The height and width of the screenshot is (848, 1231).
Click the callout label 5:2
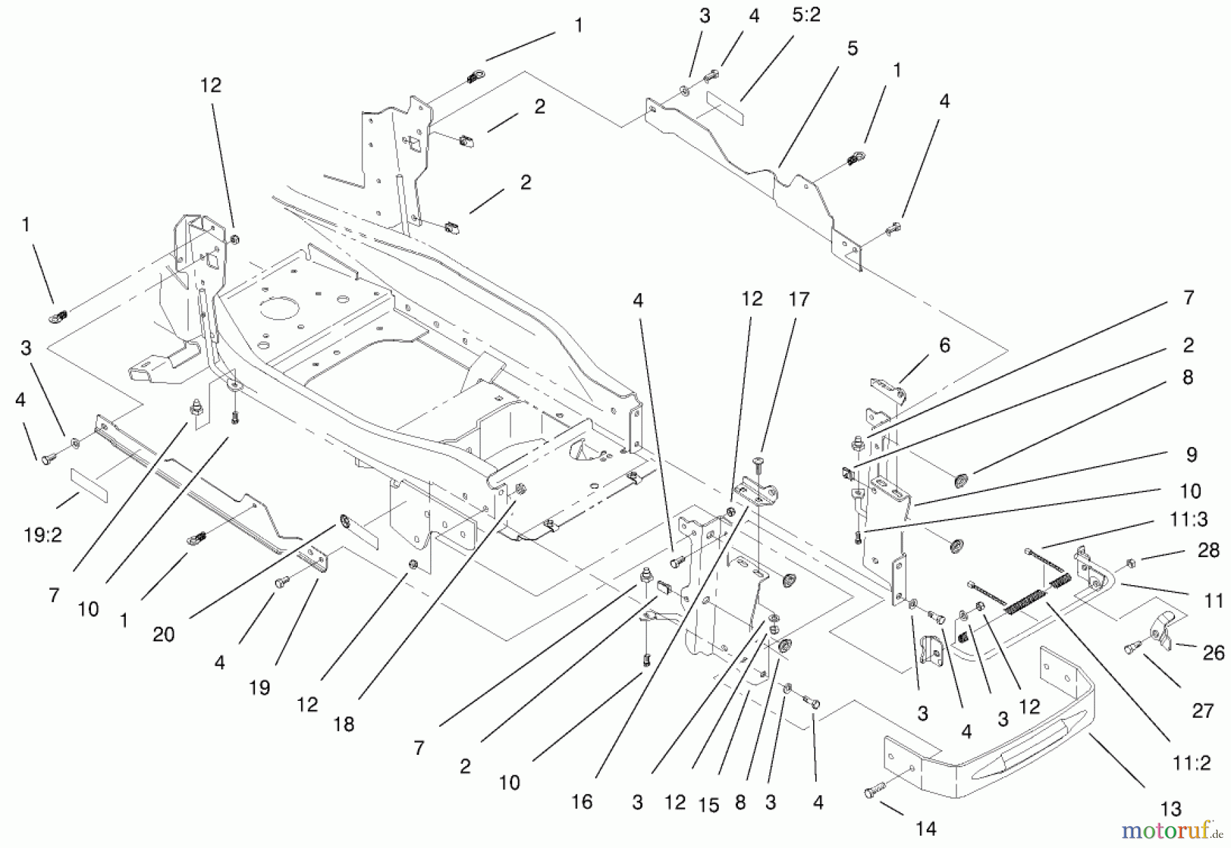click(x=806, y=15)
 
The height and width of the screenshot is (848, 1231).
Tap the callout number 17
click(x=799, y=300)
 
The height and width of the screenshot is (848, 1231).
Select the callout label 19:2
click(x=42, y=535)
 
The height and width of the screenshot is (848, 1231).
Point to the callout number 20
click(x=163, y=634)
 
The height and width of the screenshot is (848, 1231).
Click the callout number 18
click(x=343, y=724)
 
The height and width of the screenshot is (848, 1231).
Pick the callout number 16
click(x=582, y=801)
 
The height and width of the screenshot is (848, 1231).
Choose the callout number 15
click(x=709, y=806)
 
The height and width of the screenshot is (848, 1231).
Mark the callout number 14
click(x=925, y=829)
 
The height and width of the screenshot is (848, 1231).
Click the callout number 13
click(x=1171, y=810)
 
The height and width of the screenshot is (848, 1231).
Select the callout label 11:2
click(x=1191, y=762)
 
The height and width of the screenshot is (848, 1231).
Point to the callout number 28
click(x=1208, y=550)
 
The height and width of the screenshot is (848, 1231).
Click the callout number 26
click(x=1213, y=653)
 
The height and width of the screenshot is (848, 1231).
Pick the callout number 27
click(x=1202, y=711)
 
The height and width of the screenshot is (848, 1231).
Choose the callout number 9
click(x=1191, y=454)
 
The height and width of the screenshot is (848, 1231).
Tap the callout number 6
click(x=944, y=346)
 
